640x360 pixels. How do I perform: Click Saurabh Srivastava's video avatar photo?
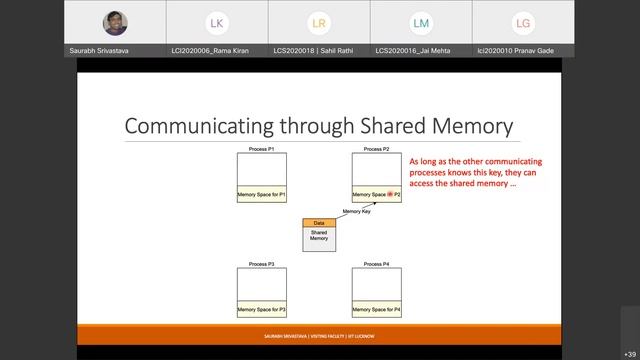pos(114,22)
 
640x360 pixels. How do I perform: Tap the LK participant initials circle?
pos(216,22)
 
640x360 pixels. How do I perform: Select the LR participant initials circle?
pos(319,22)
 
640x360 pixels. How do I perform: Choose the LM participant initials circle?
pos(421,22)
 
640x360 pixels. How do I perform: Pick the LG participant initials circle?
pos(523,22)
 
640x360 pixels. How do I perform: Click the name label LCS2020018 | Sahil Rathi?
pos(319,50)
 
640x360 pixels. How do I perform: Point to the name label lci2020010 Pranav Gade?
pos(523,50)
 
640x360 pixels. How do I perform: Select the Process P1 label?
pos(262,149)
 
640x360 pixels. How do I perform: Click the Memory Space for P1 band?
pos(262,194)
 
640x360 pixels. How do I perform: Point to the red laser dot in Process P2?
pos(391,194)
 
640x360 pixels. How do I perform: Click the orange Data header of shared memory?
pos(319,222)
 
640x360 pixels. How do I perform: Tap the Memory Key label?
pos(357,212)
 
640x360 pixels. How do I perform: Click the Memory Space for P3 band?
pos(262,310)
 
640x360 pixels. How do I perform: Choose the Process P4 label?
pos(377,264)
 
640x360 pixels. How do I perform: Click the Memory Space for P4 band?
pos(377,310)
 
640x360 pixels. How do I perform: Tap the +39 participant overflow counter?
pos(629,354)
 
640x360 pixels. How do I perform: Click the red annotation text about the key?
pos(475,172)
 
